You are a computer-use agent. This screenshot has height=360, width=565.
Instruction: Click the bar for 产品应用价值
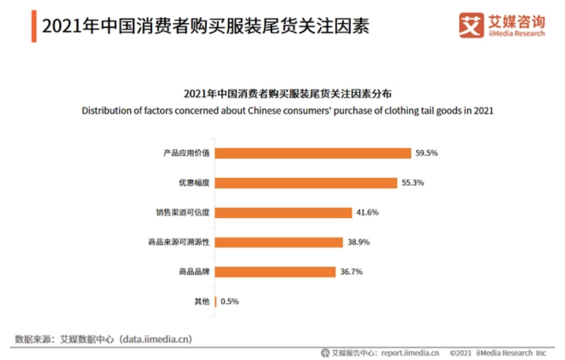point(313,153)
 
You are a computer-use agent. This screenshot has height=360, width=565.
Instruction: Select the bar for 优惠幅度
point(306,183)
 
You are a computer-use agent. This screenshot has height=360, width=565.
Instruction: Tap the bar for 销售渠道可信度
point(283,213)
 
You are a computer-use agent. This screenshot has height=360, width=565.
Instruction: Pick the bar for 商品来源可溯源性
point(279,242)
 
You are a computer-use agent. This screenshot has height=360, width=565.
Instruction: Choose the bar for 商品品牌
point(275,272)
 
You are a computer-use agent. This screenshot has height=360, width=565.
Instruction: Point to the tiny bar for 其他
point(215,302)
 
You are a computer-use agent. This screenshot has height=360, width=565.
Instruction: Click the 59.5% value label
point(427,153)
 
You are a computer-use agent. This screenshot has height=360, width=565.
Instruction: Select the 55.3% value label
point(413,183)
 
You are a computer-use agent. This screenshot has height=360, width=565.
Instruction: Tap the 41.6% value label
point(367,213)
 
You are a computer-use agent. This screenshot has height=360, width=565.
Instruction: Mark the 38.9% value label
point(358,242)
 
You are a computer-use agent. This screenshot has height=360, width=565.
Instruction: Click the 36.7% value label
point(351,272)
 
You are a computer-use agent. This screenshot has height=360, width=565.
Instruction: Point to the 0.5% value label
point(230,302)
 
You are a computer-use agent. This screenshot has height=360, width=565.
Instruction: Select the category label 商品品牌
point(194,272)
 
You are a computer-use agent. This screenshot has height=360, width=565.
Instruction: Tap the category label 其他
point(202,302)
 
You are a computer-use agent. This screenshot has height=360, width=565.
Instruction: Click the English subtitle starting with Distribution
point(287,110)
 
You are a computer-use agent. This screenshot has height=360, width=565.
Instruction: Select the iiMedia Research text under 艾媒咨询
point(516,34)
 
